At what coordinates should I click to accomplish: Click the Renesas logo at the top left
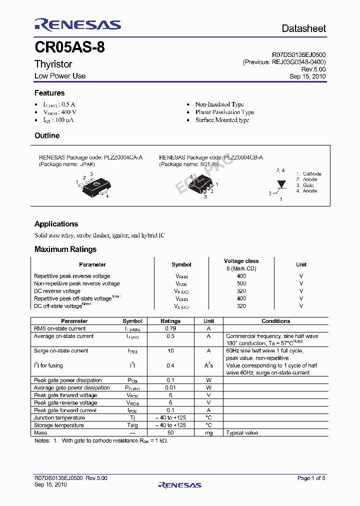(77, 25)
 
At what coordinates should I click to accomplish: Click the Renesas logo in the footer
(179, 484)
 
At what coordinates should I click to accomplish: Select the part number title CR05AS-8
(69, 48)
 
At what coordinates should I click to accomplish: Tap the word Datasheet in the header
(303, 28)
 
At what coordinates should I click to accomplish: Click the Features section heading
(49, 93)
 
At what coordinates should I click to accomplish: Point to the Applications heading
(56, 224)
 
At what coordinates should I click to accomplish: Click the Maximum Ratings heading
(65, 249)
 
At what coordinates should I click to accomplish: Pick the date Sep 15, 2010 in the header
(307, 76)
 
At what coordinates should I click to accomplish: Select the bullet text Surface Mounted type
(222, 120)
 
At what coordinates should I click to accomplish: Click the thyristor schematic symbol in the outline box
(280, 184)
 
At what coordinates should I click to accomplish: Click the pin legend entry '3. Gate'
(305, 185)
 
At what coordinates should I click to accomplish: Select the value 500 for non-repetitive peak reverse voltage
(241, 283)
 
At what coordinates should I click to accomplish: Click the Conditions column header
(275, 321)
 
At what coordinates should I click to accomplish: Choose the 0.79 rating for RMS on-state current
(170, 328)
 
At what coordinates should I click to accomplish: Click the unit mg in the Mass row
(209, 432)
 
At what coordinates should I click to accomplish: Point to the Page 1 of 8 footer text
(311, 478)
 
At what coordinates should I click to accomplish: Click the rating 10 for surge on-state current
(170, 350)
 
